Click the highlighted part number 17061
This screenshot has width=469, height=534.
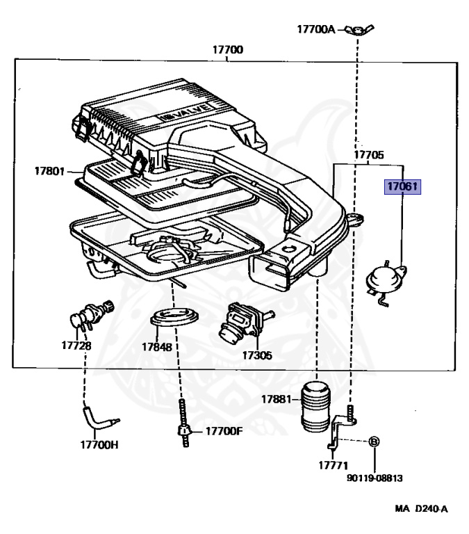click(x=404, y=186)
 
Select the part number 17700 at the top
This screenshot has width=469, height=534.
click(x=228, y=50)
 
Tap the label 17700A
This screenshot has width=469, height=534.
click(x=316, y=29)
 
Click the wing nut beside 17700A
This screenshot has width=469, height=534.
click(x=355, y=30)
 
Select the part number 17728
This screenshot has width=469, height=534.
click(x=76, y=345)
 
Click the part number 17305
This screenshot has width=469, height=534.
click(x=257, y=355)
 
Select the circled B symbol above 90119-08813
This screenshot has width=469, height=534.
click(x=374, y=442)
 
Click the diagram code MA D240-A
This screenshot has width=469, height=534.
click(x=421, y=508)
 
